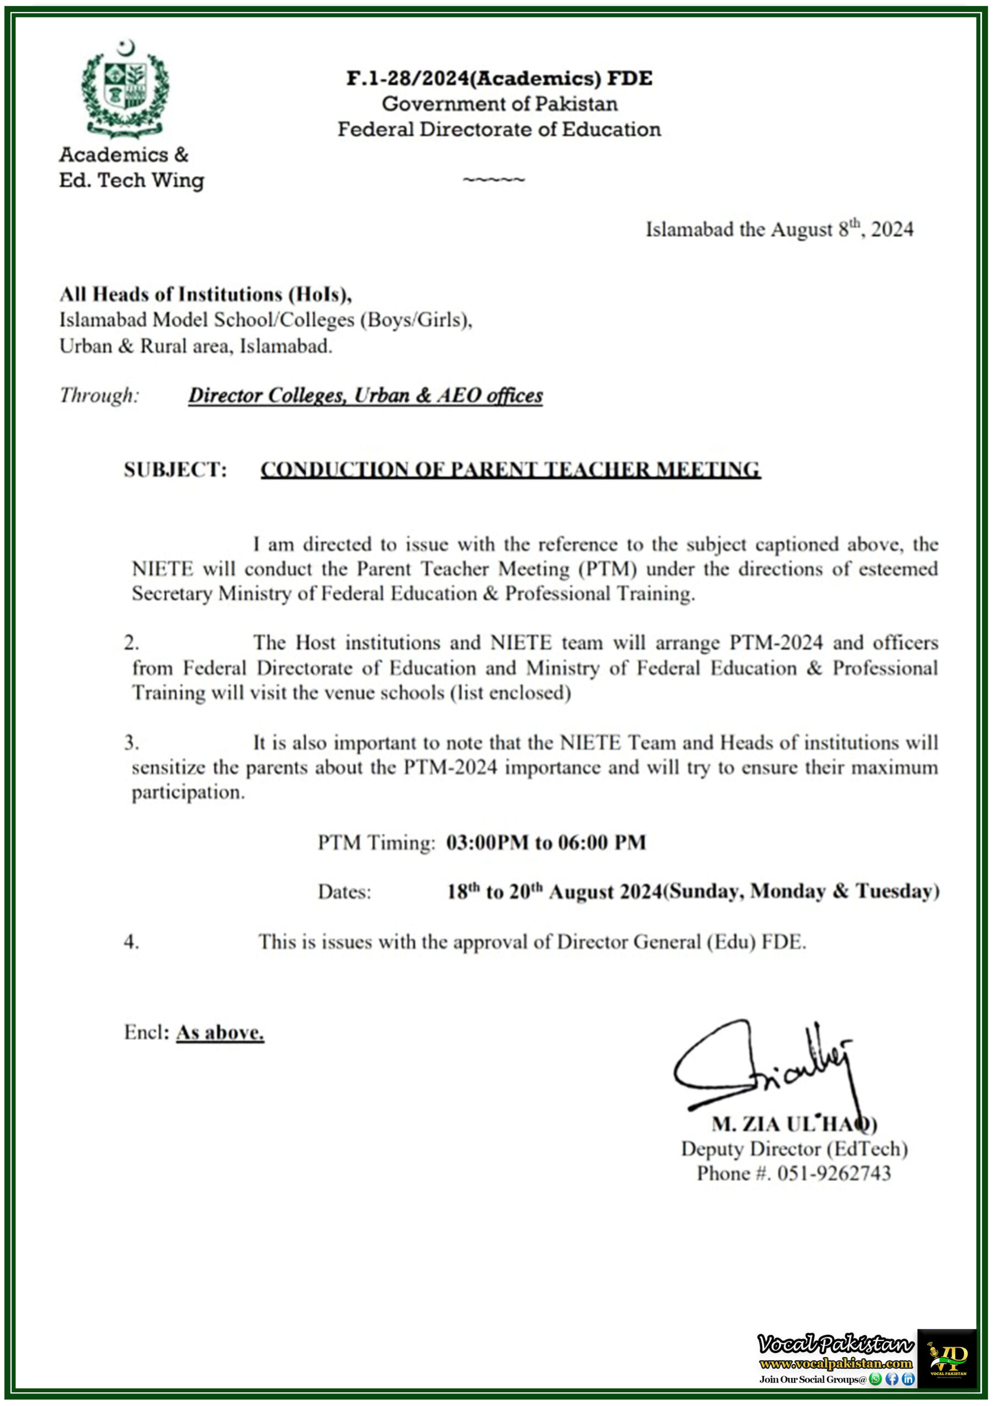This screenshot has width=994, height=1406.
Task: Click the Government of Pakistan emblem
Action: click(125, 89)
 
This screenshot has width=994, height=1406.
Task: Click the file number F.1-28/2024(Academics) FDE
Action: click(499, 79)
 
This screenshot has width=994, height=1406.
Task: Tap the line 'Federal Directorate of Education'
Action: click(499, 129)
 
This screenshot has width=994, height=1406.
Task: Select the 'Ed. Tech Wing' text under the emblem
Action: click(131, 181)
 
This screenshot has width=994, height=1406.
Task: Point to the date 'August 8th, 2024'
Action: click(841, 230)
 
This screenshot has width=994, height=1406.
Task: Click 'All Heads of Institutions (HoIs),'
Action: click(205, 294)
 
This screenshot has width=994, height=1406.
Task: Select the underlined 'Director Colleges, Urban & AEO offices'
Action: click(365, 395)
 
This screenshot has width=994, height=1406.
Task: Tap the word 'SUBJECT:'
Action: click(175, 470)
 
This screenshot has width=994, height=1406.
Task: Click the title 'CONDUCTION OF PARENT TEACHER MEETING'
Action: click(510, 470)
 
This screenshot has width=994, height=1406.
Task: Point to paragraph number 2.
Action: click(131, 643)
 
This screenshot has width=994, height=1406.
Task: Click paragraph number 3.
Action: click(131, 743)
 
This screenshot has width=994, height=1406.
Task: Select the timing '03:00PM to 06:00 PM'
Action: click(546, 843)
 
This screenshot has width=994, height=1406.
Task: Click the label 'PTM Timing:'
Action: click(376, 843)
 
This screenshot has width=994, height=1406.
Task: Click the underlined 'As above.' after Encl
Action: click(220, 1033)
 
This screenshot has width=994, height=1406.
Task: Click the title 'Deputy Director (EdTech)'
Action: click(794, 1149)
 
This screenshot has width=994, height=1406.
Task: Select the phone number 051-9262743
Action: click(834, 1174)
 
